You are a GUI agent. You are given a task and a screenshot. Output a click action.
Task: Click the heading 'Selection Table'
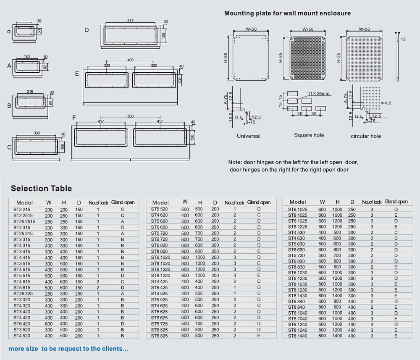pyautogui.click(x=41, y=188)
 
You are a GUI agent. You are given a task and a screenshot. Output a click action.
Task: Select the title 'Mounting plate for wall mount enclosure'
pyautogui.click(x=287, y=13)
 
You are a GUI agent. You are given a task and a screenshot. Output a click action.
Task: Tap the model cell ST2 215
pyautogui.click(x=21, y=209)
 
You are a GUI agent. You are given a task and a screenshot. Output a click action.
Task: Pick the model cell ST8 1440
pyautogui.click(x=297, y=336)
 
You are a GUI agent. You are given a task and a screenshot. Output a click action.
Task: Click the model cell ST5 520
pyautogui.click(x=159, y=209)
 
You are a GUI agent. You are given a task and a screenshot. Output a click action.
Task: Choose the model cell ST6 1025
pyautogui.click(x=297, y=209)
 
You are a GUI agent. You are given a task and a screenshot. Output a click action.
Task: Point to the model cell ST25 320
pyautogui.click(x=24, y=294)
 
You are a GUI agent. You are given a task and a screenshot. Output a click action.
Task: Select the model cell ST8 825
pyautogui.click(x=159, y=336)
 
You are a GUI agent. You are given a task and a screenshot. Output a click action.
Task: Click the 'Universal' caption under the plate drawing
pyautogui.click(x=248, y=136)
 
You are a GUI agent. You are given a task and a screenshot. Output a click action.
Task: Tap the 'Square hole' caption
pyautogui.click(x=309, y=135)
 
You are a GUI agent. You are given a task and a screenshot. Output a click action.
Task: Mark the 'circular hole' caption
pyautogui.click(x=366, y=136)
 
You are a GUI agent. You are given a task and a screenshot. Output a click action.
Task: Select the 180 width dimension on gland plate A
pyautogui.click(x=26, y=57)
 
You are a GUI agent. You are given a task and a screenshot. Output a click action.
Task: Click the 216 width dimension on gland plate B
pyautogui.click(x=30, y=91)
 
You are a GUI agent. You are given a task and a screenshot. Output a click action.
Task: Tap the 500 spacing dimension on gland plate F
pyautogui.click(x=130, y=116)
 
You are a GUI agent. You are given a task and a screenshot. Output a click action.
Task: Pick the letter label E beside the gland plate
pyautogui.click(x=77, y=74)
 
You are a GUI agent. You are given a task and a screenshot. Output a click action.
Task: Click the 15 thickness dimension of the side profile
pyautogui.click(x=403, y=39)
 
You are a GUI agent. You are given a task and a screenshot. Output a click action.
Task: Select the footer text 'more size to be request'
pyautogui.click(x=68, y=349)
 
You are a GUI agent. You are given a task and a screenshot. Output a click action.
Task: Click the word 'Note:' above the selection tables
pyautogui.click(x=235, y=162)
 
